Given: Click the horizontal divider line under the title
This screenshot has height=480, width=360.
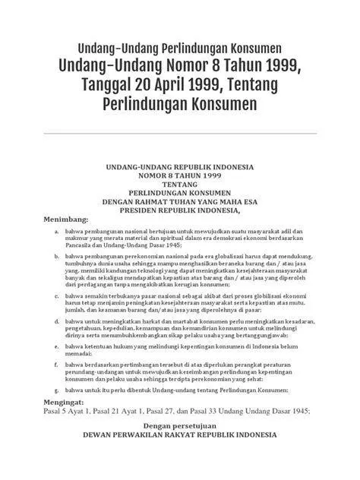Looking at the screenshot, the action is point(180,134).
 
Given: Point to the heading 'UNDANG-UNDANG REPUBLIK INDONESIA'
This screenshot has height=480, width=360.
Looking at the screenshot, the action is point(179,166).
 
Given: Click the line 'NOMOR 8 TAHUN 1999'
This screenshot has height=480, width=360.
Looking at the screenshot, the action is point(179,175).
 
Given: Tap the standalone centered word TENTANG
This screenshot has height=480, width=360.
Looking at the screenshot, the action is point(179,184).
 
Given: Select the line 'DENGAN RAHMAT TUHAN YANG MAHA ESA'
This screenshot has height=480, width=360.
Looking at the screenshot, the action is point(179,202).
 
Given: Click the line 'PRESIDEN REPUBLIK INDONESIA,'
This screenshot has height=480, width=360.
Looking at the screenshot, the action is point(179,211).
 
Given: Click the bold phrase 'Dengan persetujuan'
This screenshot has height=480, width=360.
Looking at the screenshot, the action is point(179,427).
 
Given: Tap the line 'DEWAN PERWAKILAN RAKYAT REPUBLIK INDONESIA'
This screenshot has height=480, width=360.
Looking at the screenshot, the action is point(179,437).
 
